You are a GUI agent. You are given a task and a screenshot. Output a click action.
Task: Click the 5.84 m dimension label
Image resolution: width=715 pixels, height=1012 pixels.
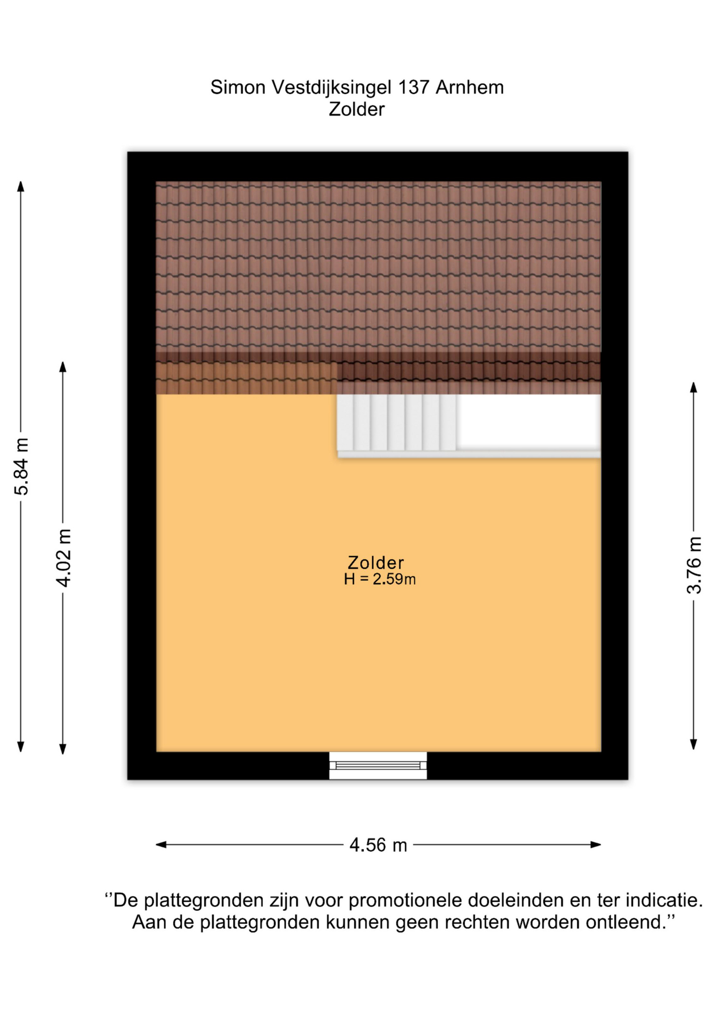(x=22, y=466)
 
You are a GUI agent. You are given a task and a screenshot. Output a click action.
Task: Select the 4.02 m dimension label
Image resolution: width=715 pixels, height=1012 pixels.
(x=64, y=558)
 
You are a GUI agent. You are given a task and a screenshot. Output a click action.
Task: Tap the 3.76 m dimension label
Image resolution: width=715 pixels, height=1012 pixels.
(x=694, y=565)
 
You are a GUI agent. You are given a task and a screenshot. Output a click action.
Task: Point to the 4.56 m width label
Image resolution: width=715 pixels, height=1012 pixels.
(x=378, y=845)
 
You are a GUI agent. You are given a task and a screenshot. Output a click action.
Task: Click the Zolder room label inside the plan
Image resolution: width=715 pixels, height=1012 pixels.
(x=375, y=562)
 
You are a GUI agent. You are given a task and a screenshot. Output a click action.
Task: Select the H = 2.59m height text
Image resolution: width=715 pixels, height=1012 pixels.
(x=380, y=579)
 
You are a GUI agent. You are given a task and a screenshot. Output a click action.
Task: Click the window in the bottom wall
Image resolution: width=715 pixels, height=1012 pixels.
(x=378, y=765)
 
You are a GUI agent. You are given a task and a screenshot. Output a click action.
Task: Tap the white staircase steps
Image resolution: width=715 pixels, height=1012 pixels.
(x=396, y=422)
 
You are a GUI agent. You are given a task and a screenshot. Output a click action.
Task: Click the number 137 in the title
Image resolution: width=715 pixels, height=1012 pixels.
(x=413, y=87)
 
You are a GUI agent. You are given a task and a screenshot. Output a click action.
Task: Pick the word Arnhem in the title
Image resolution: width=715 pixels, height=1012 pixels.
(x=470, y=87)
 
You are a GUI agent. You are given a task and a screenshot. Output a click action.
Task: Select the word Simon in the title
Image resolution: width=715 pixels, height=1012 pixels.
(x=238, y=87)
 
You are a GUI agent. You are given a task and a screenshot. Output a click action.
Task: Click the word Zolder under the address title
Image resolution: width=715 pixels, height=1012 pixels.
(x=356, y=109)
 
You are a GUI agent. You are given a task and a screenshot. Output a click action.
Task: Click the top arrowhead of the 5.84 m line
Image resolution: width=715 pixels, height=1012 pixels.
(x=21, y=186)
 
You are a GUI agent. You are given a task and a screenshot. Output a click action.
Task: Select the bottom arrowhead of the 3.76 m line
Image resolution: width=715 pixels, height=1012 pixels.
(x=693, y=744)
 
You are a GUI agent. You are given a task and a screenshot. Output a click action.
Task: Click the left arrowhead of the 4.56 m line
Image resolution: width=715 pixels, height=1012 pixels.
(x=161, y=845)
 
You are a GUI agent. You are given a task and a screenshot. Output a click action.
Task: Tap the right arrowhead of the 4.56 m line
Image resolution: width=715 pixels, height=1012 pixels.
(x=595, y=845)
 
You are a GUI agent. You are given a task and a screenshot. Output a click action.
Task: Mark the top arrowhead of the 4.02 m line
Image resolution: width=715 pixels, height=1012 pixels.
(x=63, y=367)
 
